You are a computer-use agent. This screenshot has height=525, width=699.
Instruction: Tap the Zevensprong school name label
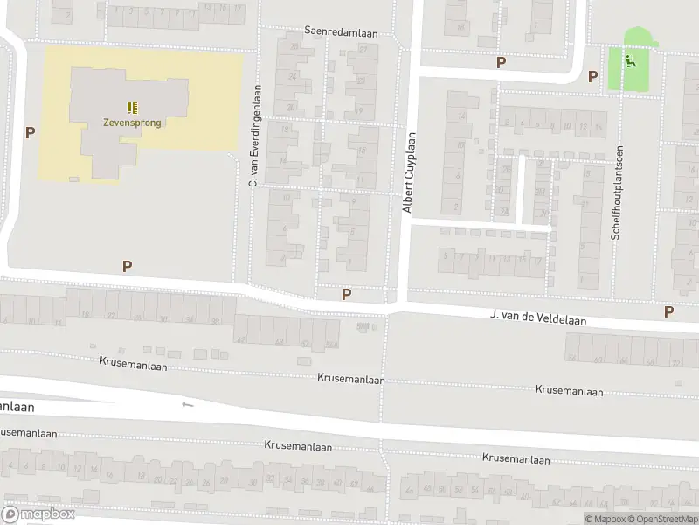133,122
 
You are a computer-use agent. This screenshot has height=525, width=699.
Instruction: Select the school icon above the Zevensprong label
133,107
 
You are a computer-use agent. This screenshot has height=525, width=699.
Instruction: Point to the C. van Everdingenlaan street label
255,136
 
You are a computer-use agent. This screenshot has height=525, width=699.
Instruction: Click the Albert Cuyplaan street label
407,172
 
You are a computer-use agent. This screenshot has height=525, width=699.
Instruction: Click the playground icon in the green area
631,61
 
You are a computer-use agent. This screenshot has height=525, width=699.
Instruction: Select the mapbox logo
38,514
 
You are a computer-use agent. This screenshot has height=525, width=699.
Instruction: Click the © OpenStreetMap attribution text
662,519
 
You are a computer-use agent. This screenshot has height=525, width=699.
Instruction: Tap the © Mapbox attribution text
605,519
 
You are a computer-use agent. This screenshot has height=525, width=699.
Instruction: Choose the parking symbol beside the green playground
593,76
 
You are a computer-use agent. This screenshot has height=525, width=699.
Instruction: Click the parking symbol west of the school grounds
31,133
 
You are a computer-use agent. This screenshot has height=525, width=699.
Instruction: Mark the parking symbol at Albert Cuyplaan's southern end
347,295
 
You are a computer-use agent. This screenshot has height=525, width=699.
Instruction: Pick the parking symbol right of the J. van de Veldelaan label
669,311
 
